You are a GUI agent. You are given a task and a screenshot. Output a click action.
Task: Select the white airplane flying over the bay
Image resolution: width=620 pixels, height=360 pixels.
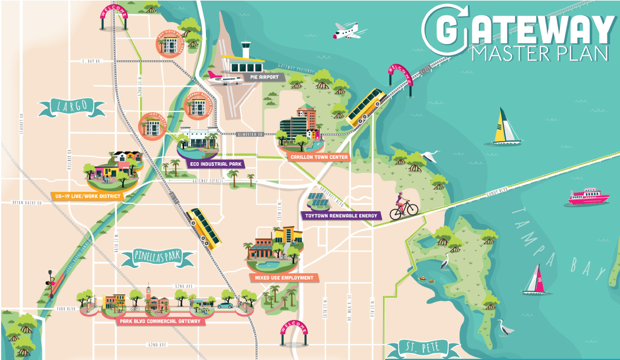coord(349,31)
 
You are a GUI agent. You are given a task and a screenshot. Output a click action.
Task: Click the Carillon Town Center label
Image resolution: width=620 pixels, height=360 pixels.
coord(319,157)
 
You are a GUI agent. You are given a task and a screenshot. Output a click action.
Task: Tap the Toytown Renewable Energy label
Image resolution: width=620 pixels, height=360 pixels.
coord(340,216)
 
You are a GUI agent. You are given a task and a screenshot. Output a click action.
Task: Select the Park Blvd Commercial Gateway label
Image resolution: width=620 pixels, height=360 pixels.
coord(159,322)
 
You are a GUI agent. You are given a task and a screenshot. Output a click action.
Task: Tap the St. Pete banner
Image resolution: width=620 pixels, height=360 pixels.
coord(421,347)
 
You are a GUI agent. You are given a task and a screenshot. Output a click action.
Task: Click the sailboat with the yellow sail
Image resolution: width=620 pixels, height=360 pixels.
coord(506,127)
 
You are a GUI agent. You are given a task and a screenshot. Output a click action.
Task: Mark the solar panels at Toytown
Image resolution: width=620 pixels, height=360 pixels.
coord(321,201)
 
